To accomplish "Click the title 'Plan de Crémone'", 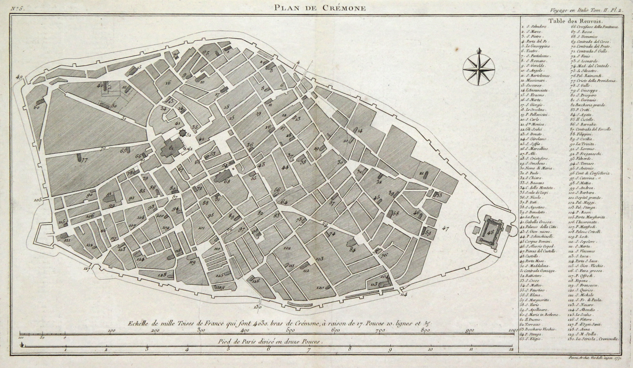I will pos(320,8).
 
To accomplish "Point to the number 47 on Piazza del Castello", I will pos(446,228).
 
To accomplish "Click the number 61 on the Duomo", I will pos(171,148).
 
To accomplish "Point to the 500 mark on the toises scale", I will pos(290,330).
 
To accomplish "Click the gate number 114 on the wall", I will pos(403,294).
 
